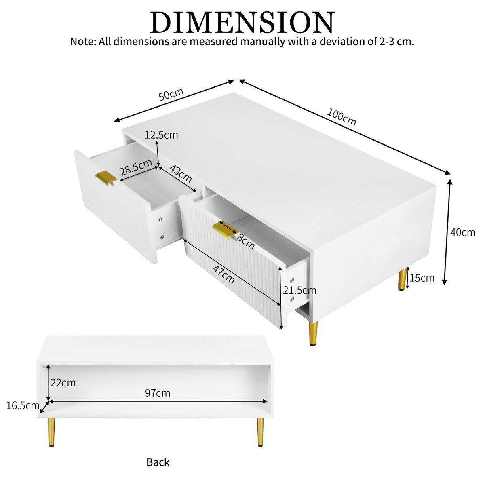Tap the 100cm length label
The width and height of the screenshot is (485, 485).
[342, 117]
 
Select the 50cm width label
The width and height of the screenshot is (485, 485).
[171, 95]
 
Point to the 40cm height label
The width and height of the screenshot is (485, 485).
[463, 232]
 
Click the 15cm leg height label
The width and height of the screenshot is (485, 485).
[422, 278]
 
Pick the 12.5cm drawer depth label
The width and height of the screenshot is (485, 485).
[161, 135]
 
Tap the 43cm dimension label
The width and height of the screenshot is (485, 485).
[180, 173]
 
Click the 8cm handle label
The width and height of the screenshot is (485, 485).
[245, 241]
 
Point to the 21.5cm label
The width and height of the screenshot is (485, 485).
[299, 290]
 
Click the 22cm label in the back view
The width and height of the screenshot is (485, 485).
[63, 382]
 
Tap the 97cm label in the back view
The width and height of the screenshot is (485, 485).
[158, 393]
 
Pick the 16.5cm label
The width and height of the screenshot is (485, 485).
[23, 406]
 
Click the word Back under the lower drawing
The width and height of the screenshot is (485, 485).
[158, 462]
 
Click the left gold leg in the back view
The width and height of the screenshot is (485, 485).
[52, 432]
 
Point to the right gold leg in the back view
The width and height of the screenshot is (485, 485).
[260, 432]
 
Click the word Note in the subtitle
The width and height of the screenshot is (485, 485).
[82, 41]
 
